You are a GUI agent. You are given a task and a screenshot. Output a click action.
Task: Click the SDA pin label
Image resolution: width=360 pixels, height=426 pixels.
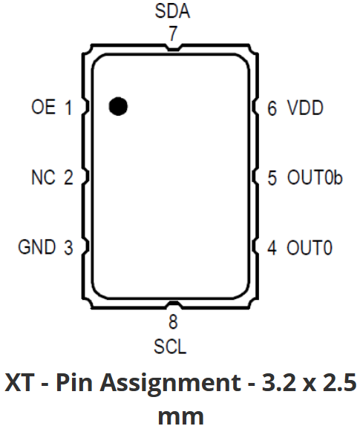click(x=172, y=11)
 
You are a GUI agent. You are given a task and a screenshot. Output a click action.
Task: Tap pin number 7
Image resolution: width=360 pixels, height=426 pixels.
click(x=174, y=33)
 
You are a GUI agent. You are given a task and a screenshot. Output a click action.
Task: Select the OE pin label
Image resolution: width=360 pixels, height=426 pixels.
click(x=44, y=107)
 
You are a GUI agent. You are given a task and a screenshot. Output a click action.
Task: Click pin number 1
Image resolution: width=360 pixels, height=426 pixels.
click(x=68, y=108)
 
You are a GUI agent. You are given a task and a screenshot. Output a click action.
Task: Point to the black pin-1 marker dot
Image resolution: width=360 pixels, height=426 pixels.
click(x=118, y=106)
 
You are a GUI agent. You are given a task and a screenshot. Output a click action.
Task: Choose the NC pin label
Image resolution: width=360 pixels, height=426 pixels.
click(x=44, y=177)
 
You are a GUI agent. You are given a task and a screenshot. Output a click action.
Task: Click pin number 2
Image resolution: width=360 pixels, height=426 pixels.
click(x=68, y=177)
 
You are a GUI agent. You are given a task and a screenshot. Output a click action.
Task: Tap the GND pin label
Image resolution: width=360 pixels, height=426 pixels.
click(x=37, y=247)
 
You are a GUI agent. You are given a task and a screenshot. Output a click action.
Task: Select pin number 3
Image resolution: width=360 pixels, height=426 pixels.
click(x=68, y=247)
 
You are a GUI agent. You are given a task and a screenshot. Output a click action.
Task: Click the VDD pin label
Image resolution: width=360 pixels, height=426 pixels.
click(x=305, y=108)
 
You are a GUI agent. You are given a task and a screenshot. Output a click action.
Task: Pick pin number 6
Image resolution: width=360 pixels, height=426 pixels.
click(x=272, y=108)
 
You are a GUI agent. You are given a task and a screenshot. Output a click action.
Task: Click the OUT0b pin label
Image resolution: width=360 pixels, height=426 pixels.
click(x=315, y=177)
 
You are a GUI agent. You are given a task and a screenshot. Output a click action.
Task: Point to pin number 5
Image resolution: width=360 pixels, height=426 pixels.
click(x=272, y=178)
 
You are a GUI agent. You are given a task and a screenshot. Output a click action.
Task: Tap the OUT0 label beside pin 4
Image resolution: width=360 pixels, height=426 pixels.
click(x=310, y=247)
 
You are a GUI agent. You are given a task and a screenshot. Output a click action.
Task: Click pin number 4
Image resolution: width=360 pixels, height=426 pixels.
click(x=272, y=247)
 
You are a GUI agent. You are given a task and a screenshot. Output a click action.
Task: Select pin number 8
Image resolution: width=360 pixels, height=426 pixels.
click(x=174, y=322)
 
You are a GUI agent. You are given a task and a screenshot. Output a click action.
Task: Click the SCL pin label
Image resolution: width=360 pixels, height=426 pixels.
click(x=171, y=347)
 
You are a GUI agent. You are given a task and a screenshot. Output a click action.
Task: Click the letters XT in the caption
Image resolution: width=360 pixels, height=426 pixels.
click(x=19, y=382)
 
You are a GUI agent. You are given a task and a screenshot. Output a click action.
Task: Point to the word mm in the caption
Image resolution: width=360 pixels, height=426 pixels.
click(x=180, y=416)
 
